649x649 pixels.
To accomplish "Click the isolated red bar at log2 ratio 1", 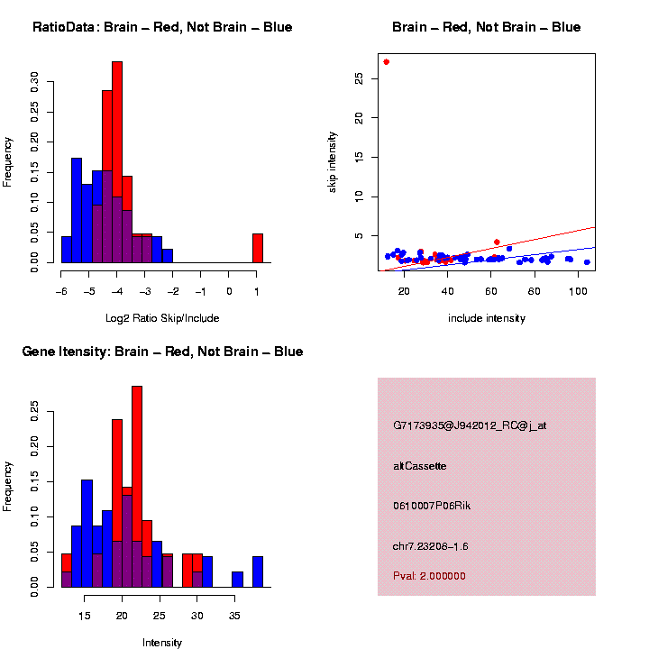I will (257, 248).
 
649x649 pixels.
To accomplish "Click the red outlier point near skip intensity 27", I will (386, 62).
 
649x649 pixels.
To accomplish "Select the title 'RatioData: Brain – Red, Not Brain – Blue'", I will (162, 27).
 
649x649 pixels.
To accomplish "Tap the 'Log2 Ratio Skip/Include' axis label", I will (163, 318).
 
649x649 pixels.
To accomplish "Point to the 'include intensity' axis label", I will (487, 318).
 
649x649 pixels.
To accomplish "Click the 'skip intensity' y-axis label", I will (333, 160).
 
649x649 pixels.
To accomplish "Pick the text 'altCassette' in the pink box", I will (420, 466).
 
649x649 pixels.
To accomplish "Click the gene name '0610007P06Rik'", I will (432, 506).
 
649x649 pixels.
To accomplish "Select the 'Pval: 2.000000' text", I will (429, 576).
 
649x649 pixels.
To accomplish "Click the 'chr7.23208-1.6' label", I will (431, 546).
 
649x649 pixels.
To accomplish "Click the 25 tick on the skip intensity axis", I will (359, 79).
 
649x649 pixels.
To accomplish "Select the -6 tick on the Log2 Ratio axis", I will (61, 292).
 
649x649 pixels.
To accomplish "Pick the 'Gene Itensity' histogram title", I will (162, 352).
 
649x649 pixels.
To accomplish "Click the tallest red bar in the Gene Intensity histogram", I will (137, 487).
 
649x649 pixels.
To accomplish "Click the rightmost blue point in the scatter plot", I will (587, 262).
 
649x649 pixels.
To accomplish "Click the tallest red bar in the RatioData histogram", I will (117, 162).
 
